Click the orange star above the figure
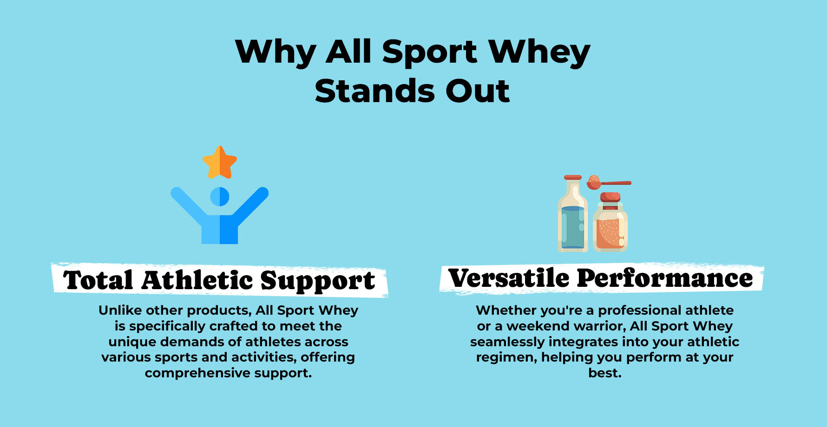click(x=220, y=163)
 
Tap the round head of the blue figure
click(x=220, y=197)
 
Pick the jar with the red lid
click(x=610, y=222)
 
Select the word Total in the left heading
click(x=99, y=280)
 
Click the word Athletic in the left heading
click(x=197, y=280)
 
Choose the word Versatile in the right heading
click(x=509, y=278)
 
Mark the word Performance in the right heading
click(x=664, y=278)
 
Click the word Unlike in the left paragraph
click(x=119, y=310)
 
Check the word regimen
click(x=506, y=358)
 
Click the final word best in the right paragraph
click(x=604, y=373)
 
